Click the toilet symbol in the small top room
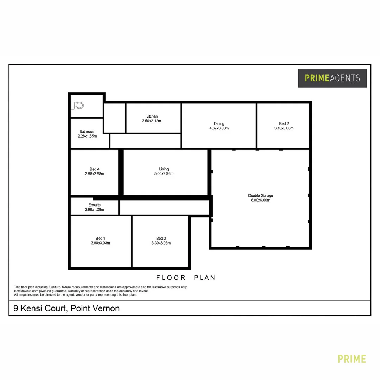[x=78, y=105]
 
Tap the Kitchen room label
[x=152, y=116]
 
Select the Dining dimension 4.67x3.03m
[x=219, y=128]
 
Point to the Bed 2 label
[x=284, y=124]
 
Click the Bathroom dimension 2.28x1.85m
[x=87, y=136]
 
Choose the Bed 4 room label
[x=95, y=169]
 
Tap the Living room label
[x=164, y=169]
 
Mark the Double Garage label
[x=260, y=196]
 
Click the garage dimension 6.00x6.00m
[x=260, y=200]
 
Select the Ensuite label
[x=95, y=205]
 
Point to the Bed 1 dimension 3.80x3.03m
[x=100, y=243]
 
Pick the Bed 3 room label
[x=161, y=238]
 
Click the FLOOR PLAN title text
[x=186, y=278]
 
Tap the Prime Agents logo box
[x=332, y=78]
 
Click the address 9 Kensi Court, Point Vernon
[x=66, y=309]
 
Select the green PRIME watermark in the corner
[x=351, y=359]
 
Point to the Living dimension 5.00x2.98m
[x=164, y=174]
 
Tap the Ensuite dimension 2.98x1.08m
[x=95, y=210]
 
